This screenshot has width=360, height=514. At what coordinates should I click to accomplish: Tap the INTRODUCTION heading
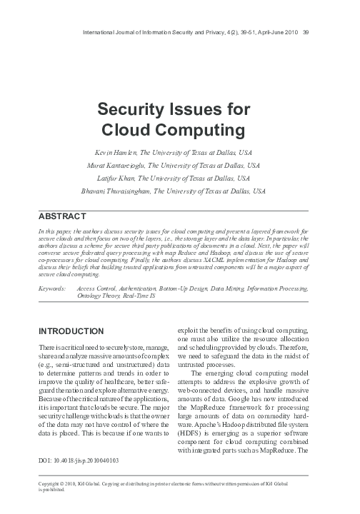point(71,333)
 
